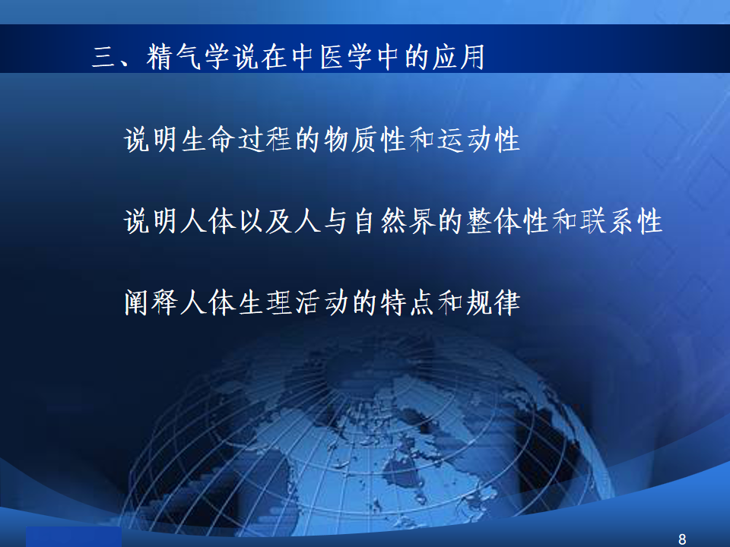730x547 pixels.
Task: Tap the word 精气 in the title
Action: (173, 57)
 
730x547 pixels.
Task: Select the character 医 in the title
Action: (333, 57)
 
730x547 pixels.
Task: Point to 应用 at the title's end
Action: (459, 57)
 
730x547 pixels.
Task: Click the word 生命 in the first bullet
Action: (208, 139)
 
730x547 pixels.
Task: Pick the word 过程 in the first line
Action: (265, 139)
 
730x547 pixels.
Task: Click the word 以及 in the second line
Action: (265, 221)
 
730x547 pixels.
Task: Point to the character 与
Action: (335, 221)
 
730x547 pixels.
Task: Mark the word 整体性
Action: (507, 221)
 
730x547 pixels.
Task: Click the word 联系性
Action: (620, 221)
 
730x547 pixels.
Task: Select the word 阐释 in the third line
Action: (151, 302)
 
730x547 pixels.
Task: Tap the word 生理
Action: (265, 302)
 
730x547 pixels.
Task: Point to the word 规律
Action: (493, 302)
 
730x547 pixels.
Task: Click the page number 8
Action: (682, 539)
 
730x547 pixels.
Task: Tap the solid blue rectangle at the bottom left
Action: (74, 537)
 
